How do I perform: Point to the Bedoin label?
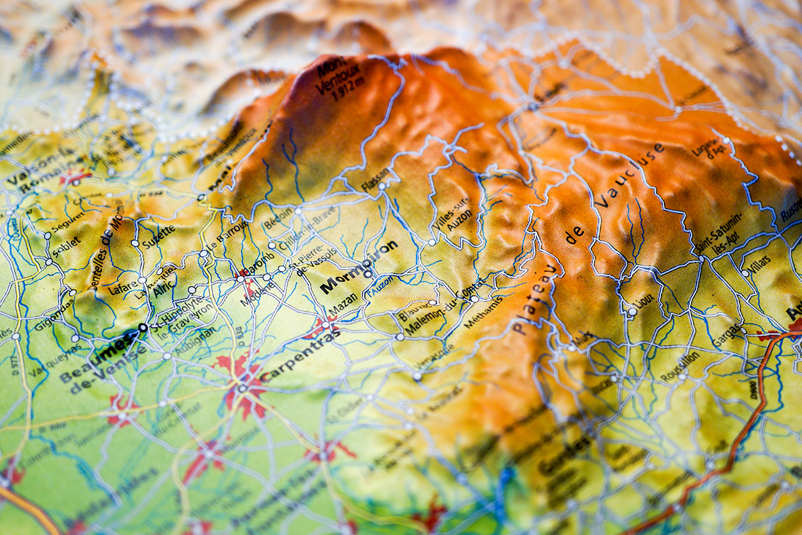point(279,218)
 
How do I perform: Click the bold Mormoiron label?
point(358,266)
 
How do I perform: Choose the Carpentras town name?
point(300,356)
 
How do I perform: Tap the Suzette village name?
point(158,236)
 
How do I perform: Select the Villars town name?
point(760,264)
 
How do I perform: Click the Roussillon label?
point(680,366)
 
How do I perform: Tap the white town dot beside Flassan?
point(380,186)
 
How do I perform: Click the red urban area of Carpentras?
point(241,384)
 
